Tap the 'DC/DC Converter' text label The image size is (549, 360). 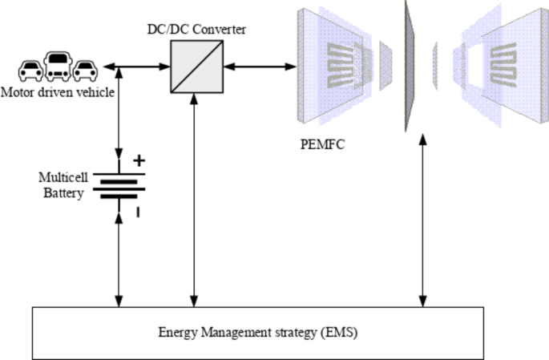196,30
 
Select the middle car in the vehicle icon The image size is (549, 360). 59,67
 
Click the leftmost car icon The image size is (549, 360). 31,71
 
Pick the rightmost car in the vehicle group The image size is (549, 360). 85,71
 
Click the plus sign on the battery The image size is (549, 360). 139,161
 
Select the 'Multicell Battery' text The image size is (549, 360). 62,184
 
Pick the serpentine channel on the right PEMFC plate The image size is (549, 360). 506,65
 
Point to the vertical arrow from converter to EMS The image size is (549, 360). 196,200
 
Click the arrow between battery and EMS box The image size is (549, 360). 119,257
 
